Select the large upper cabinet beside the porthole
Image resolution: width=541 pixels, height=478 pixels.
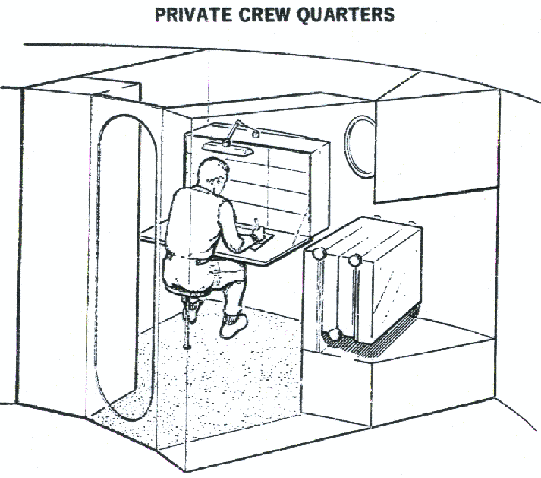[x=436, y=144]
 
